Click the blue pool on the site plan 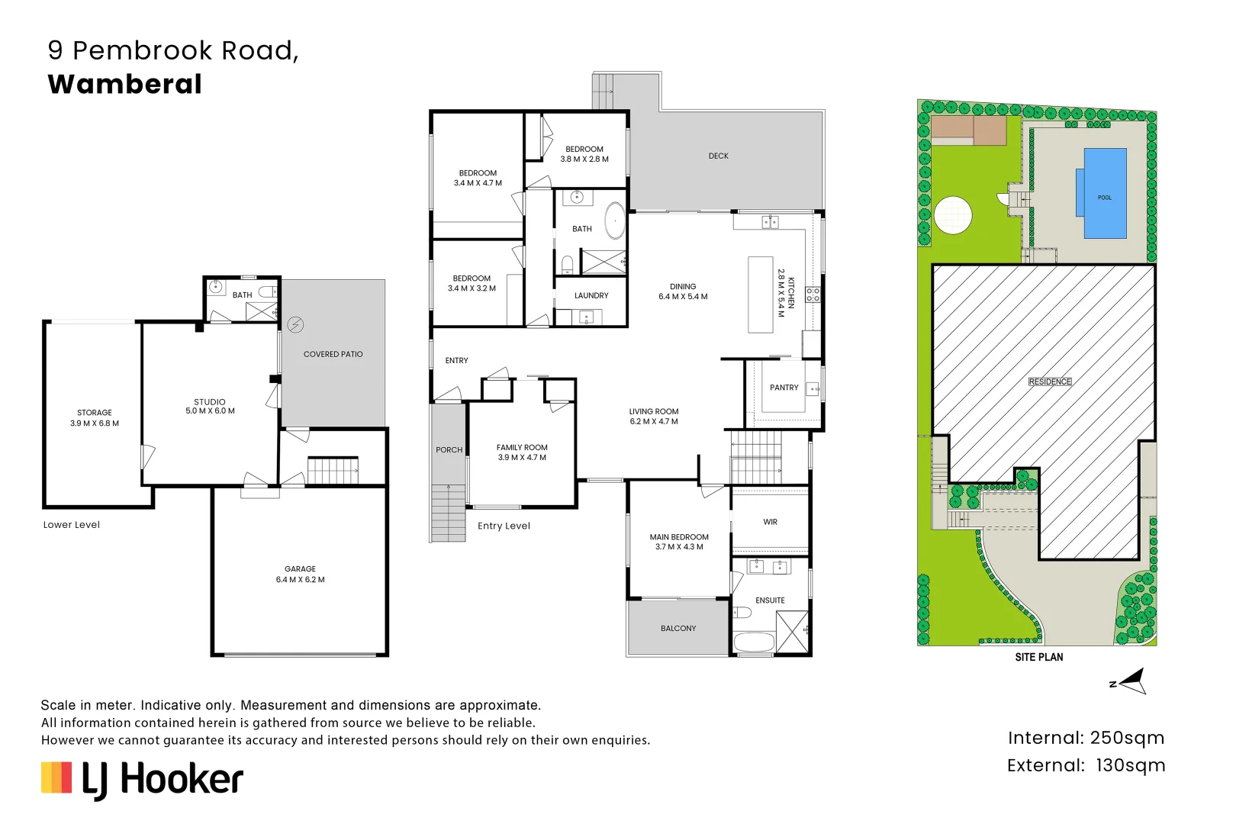[1105, 193]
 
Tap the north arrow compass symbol [1129, 681]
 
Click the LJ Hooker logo [143, 781]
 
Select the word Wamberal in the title [124, 85]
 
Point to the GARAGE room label [300, 569]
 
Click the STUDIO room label [210, 402]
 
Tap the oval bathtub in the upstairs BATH [615, 220]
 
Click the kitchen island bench [761, 295]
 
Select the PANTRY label [784, 388]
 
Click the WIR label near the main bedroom [771, 522]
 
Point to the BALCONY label [678, 628]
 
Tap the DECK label [719, 156]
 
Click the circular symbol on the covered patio [296, 324]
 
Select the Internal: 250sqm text [1086, 738]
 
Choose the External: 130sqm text [1086, 765]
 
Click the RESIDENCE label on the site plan [1050, 381]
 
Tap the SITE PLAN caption [1039, 658]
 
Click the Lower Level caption [72, 525]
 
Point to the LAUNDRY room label [591, 296]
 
